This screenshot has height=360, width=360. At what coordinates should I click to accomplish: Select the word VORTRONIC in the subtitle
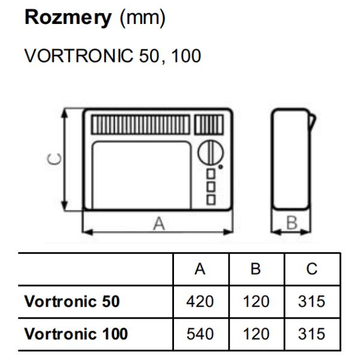pyautogui.click(x=79, y=56)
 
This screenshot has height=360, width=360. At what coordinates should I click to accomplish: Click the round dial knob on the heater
pyautogui.click(x=211, y=152)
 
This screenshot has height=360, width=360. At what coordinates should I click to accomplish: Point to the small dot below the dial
pyautogui.click(x=220, y=167)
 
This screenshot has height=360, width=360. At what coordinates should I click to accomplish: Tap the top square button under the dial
pyautogui.click(x=211, y=174)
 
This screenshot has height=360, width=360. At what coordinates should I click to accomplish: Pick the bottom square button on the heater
pyautogui.click(x=211, y=200)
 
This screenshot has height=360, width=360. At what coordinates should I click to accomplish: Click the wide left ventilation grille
pyautogui.click(x=141, y=125)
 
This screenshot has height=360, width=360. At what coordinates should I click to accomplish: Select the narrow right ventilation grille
pyautogui.click(x=209, y=125)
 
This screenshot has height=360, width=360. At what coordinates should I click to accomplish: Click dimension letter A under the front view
pyautogui.click(x=159, y=224)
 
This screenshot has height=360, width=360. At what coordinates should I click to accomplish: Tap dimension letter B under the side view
pyautogui.click(x=292, y=223)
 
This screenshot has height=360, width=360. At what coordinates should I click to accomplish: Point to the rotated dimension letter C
pyautogui.click(x=54, y=159)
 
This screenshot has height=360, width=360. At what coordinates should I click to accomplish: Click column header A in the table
pyautogui.click(x=200, y=269)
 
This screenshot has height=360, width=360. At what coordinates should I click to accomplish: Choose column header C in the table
pyautogui.click(x=312, y=269)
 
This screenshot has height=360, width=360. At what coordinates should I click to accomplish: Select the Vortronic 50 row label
pyautogui.click(x=72, y=301)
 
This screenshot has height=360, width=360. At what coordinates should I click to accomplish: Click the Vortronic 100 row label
pyautogui.click(x=76, y=334)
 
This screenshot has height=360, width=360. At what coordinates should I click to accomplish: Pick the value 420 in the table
pyautogui.click(x=200, y=301)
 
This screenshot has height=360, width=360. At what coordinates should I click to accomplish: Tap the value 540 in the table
pyautogui.click(x=200, y=334)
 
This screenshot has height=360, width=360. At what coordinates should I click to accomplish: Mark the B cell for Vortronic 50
pyautogui.click(x=256, y=301)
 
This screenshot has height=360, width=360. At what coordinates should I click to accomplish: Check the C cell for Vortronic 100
pyautogui.click(x=311, y=334)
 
